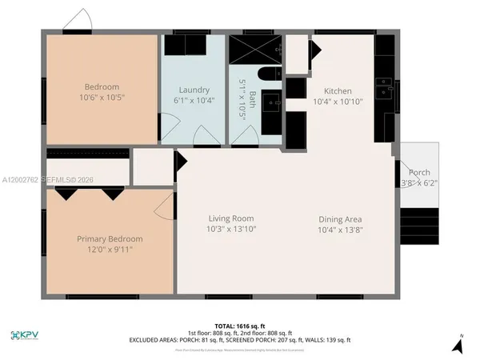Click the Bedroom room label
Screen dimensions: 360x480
pos(102,86)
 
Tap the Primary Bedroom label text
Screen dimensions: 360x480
pos(110,238)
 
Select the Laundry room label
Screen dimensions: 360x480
pos(194,90)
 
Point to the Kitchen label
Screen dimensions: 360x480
pos(338,91)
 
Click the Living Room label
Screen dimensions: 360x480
pos(231,218)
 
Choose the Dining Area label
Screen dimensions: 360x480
pos(341,219)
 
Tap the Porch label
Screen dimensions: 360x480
pos(419,173)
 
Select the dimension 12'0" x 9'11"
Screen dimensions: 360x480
pos(110,250)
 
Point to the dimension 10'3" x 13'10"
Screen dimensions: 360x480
pos(231,230)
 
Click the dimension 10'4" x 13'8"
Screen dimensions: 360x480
pos(341,230)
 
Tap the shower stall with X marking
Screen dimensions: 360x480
pos(255,50)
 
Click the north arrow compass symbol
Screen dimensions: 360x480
pos(457,344)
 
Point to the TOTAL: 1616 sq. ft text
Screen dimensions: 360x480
pos(239,325)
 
